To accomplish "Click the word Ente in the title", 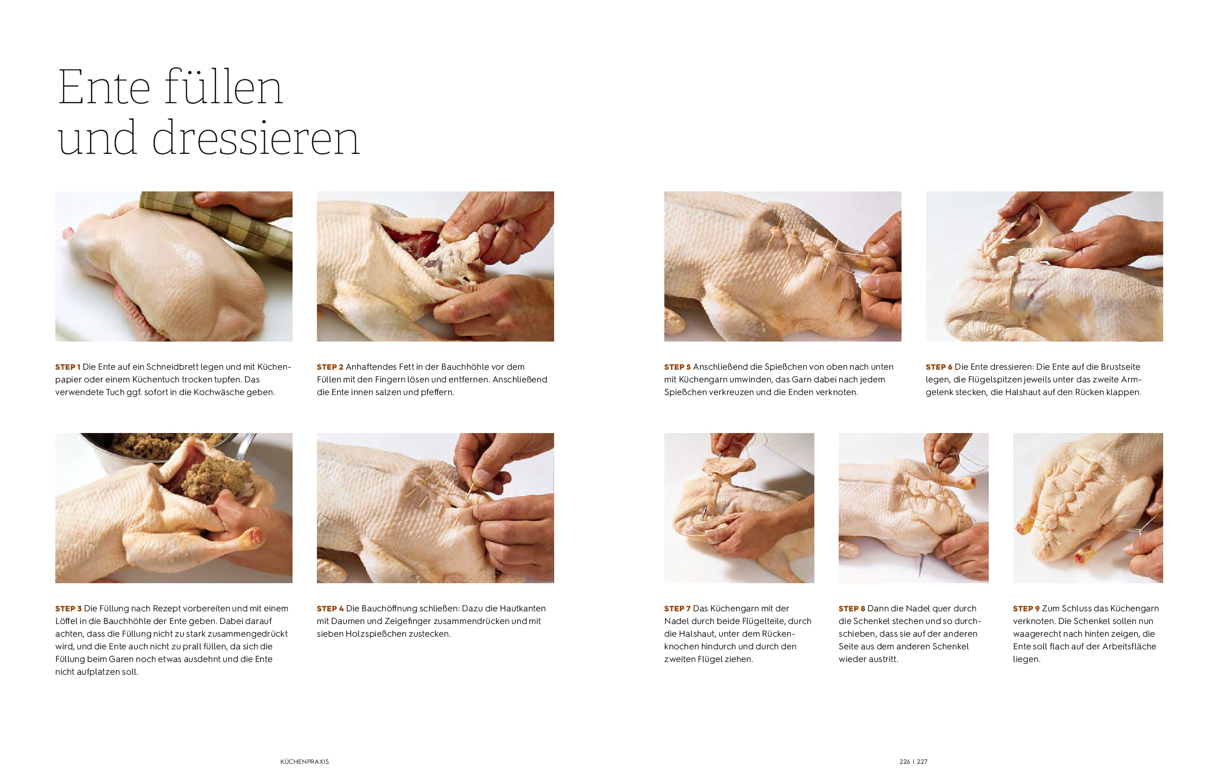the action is click(104, 88).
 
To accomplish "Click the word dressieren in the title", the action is click(256, 137).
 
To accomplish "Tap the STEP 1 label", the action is click(68, 367).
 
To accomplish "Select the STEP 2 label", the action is click(330, 367).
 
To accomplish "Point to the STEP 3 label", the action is click(68, 609).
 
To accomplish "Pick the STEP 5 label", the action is click(677, 367).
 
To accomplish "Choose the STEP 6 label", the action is click(939, 367).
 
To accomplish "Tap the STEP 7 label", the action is click(677, 609).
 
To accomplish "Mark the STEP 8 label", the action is click(852, 609).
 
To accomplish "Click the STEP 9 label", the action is click(1026, 609).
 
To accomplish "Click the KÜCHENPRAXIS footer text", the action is click(305, 761).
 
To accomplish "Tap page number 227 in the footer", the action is click(922, 761).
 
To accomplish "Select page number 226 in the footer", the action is click(904, 761).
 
